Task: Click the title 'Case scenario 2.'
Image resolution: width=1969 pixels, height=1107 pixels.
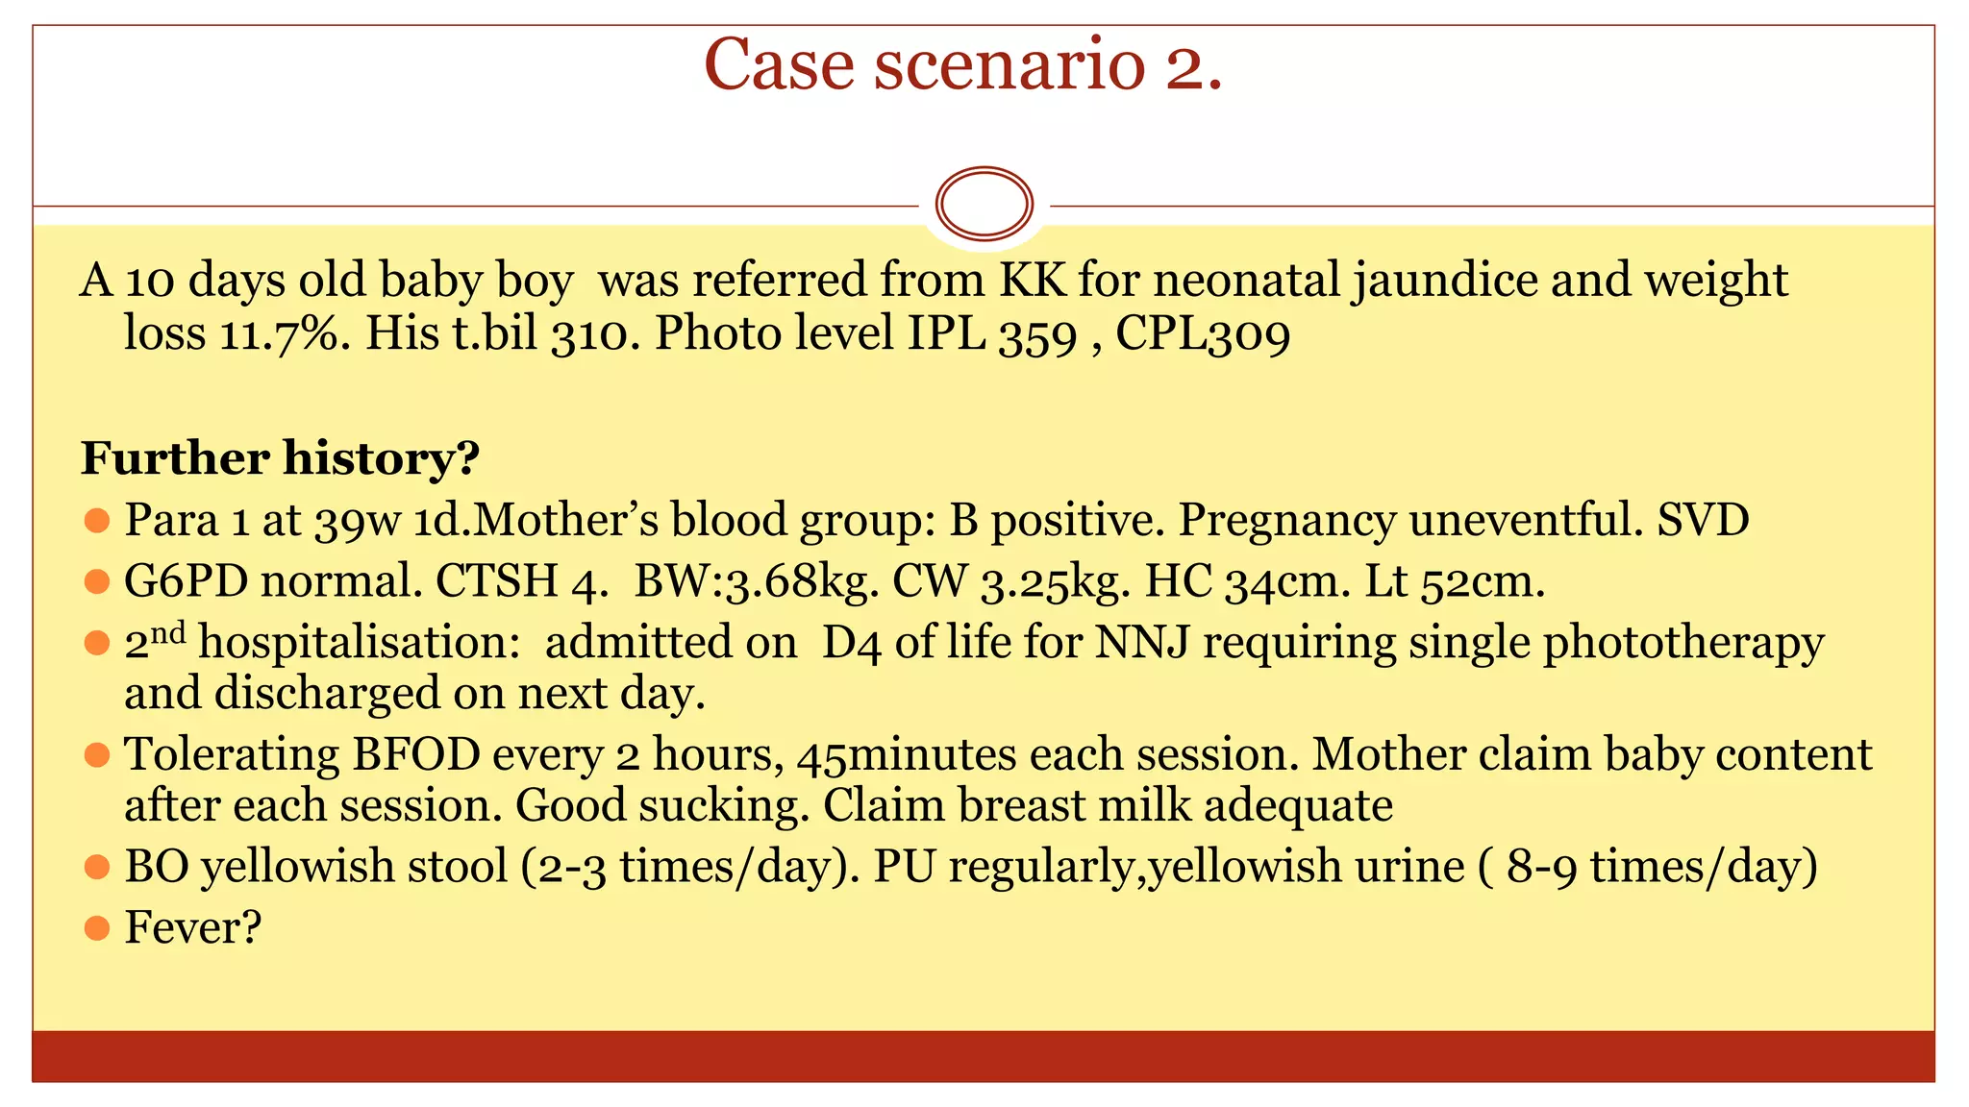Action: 962,65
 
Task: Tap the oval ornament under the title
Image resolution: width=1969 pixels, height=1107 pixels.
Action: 984,204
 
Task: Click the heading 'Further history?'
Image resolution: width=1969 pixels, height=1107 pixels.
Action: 280,458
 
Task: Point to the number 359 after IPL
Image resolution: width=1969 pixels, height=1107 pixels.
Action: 1037,334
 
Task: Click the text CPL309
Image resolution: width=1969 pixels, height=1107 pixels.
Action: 1202,334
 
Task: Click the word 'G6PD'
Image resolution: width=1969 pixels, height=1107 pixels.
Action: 186,581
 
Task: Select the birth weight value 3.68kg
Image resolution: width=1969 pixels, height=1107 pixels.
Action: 803,581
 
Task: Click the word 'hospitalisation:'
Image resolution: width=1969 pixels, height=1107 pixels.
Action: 360,642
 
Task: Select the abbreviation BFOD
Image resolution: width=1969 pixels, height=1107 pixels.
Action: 416,754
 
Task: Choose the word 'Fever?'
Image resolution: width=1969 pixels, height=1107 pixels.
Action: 192,928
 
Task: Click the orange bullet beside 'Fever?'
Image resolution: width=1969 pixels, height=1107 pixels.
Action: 96,927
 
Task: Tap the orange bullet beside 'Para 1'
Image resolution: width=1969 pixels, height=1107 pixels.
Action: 96,521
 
